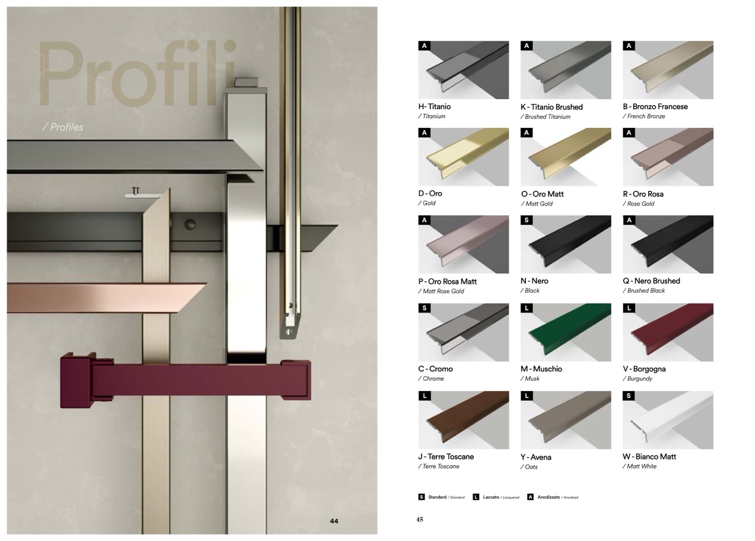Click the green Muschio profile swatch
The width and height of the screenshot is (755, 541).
coord(565,332)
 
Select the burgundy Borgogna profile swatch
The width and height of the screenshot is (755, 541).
coord(668,332)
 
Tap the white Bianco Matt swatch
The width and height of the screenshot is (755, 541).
coord(668,420)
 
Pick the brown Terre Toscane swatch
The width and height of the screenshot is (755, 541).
coord(464,420)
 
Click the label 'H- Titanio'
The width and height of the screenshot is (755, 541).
coord(434,107)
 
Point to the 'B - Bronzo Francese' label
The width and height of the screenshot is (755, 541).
coord(655,107)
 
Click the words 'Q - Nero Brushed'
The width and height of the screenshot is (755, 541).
coord(651,281)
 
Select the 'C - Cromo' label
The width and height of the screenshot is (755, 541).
coord(436,369)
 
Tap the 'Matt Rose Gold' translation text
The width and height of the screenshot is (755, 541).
coord(443,292)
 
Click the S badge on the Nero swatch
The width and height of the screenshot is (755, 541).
coord(527,220)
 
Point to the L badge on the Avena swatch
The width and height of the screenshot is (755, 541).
coord(527,396)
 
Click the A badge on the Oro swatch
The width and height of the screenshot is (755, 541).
coord(425,133)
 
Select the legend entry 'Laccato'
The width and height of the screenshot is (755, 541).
coord(491,497)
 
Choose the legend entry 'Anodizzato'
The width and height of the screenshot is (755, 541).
coord(549,497)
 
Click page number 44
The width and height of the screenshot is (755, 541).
coord(334,521)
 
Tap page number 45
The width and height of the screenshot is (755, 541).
coord(419,520)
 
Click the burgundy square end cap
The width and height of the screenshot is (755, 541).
coord(77,380)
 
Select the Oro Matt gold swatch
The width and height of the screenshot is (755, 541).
coord(565,157)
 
